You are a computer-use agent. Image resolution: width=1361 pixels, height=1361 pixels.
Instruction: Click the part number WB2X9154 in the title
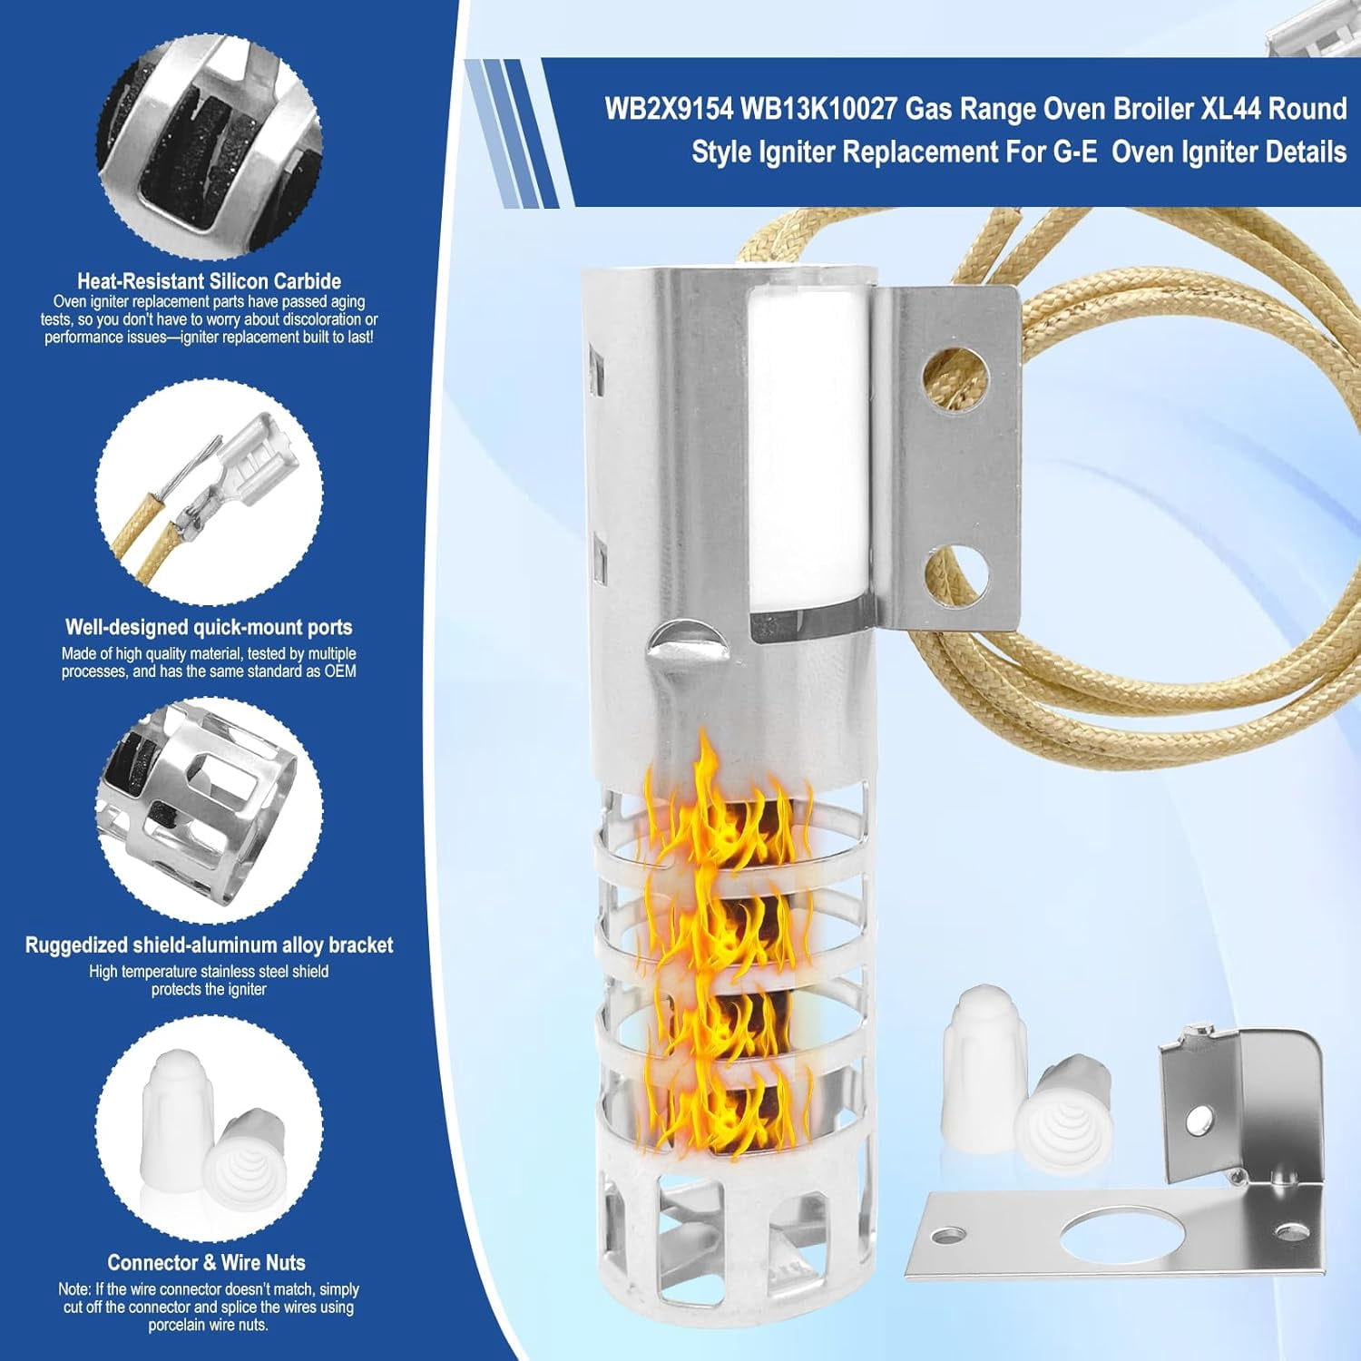pos(669,109)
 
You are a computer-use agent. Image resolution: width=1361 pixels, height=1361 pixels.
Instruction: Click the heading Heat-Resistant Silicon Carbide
pos(209,281)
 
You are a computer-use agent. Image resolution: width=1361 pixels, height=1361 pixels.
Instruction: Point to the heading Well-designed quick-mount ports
pos(209,627)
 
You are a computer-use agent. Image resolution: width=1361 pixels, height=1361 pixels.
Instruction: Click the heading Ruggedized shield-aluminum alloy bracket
pos(209,945)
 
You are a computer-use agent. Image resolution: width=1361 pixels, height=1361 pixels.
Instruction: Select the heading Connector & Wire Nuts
pos(207,1262)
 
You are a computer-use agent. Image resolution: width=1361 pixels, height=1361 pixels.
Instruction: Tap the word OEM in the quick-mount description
pos(340,671)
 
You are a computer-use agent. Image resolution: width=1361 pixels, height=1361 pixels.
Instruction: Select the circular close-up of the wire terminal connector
pos(210,492)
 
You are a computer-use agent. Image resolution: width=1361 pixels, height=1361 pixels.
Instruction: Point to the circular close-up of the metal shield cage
pos(210,810)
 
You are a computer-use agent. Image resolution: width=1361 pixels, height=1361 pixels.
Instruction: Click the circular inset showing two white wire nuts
pos(210,1129)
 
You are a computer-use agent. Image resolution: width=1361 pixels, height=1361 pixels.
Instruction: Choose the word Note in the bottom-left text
pos(73,1289)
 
